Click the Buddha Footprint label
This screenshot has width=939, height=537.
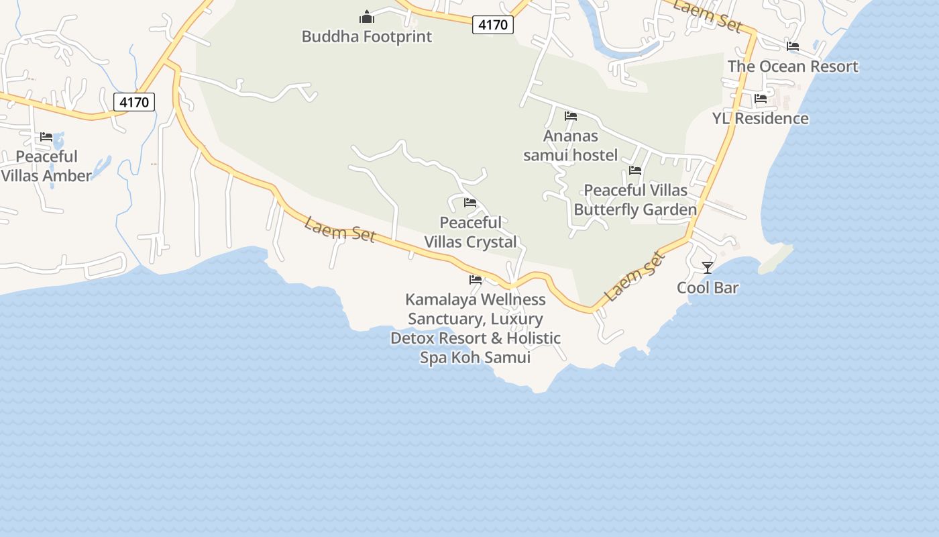tap(366, 36)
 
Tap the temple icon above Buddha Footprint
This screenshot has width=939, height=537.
tap(367, 16)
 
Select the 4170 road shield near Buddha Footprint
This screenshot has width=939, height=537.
tap(493, 25)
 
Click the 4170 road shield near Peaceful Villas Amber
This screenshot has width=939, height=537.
tap(134, 102)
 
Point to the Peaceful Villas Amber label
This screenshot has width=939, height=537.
tap(46, 166)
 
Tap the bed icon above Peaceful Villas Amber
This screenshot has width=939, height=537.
tap(46, 137)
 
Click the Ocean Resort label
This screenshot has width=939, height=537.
tap(793, 66)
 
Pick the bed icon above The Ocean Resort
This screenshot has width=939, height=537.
tap(793, 46)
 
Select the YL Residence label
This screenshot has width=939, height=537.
tap(760, 119)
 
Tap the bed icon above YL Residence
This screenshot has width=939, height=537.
tap(761, 98)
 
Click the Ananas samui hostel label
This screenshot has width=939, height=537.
tap(570, 146)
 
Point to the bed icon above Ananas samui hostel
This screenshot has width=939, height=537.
tap(571, 116)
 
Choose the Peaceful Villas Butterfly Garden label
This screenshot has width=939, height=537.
tap(635, 200)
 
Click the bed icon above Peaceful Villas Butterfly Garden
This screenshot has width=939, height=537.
tap(635, 170)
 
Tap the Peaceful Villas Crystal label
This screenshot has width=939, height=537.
tap(471, 232)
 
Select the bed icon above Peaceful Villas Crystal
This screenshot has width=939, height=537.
tap(470, 203)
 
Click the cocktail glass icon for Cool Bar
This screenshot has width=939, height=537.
tap(708, 268)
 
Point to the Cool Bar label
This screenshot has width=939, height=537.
tap(708, 288)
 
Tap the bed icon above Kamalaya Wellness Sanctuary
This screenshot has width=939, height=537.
tap(476, 280)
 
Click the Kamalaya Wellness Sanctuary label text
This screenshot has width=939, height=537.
tap(476, 328)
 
